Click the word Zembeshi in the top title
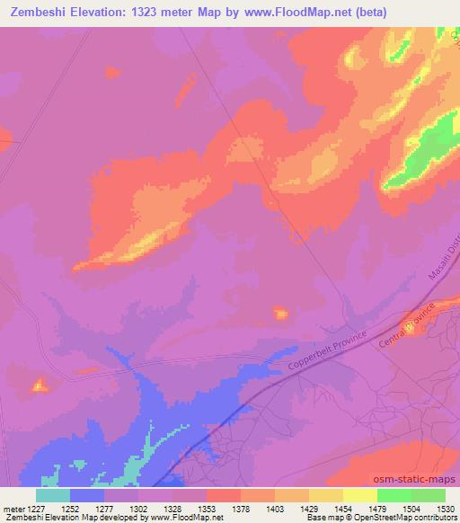39,12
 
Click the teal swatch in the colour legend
53,494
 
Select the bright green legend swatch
394,494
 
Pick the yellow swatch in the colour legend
360,494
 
